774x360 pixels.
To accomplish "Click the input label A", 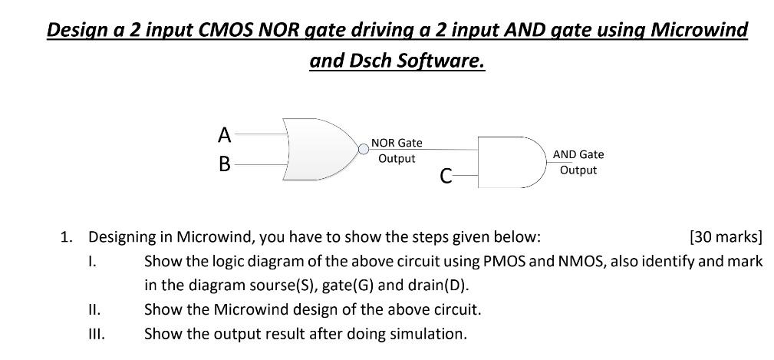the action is [225, 135].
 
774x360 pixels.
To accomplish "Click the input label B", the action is [225, 164].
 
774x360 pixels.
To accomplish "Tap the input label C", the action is [446, 175].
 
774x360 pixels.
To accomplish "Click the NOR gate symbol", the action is [320, 149].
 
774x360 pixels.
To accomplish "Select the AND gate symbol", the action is [512, 163].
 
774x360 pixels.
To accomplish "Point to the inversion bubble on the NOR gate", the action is [364, 149].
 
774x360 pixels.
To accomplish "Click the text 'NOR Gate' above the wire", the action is [397, 143].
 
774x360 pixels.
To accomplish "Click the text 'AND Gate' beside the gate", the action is [578, 154].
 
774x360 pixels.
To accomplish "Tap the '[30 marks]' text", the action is [726, 237].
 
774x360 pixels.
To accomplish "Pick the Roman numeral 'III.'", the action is [97, 335].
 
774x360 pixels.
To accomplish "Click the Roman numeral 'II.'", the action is [94, 310].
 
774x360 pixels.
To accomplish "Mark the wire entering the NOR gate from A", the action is [261, 134].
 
